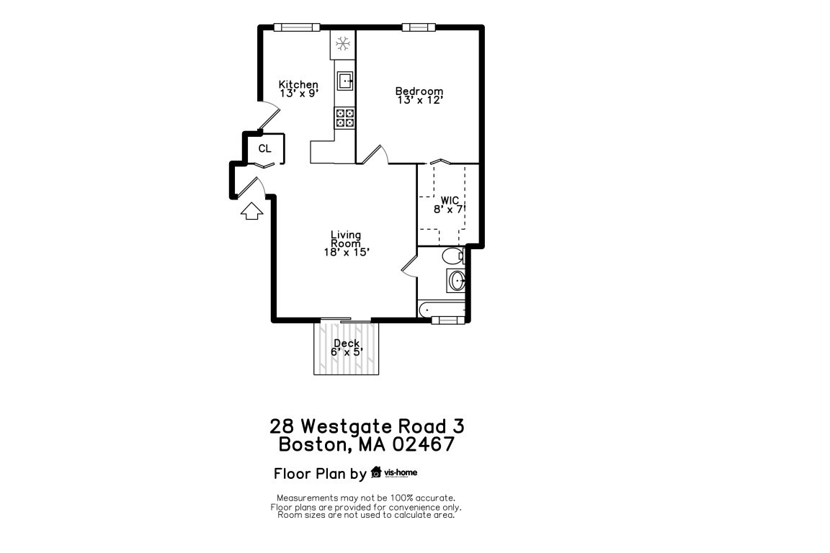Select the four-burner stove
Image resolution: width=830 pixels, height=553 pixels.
[345, 117]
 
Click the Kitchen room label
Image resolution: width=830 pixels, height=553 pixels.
[298, 85]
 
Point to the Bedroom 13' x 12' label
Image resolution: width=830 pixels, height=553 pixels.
[419, 95]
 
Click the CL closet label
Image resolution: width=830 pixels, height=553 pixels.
[264, 149]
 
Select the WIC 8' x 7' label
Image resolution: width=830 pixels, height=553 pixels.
[450, 204]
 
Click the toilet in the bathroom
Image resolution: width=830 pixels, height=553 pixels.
[452, 256]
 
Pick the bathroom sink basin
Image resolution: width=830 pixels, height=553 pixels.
[455, 281]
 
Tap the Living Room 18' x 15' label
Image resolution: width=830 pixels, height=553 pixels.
[346, 243]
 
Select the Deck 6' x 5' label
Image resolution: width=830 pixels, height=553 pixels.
[347, 348]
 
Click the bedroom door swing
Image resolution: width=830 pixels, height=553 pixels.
[375, 154]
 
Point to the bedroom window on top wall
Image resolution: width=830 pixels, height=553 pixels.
[419, 27]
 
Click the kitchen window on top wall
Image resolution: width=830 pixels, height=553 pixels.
[296, 27]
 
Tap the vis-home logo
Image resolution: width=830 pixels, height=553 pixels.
[394, 473]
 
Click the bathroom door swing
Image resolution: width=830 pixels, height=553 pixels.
[409, 264]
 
